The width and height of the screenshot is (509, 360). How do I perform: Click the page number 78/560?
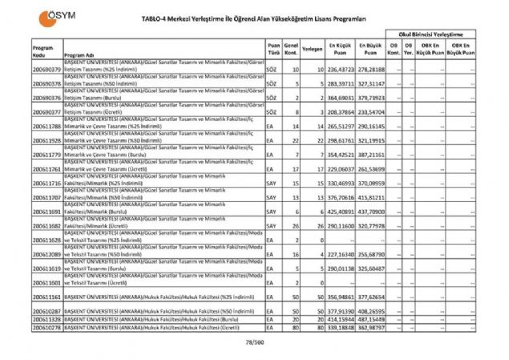click(255, 345)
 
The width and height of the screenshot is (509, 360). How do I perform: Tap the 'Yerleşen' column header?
click(313, 49)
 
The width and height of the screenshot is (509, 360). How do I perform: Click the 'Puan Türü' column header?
click(274, 49)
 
